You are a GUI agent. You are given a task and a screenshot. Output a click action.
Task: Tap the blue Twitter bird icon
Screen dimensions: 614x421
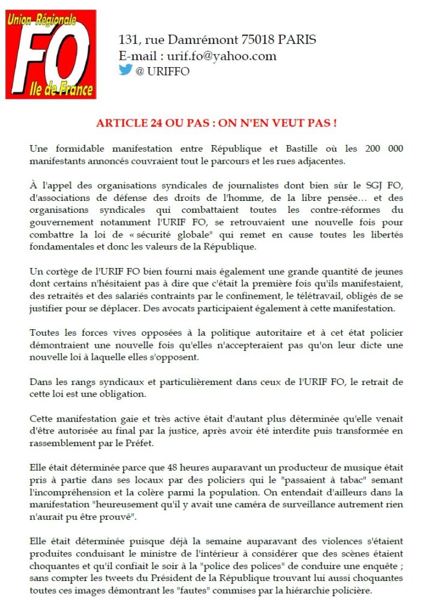(x=125, y=70)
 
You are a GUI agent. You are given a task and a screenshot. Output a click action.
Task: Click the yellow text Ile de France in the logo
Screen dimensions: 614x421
(x=62, y=90)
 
